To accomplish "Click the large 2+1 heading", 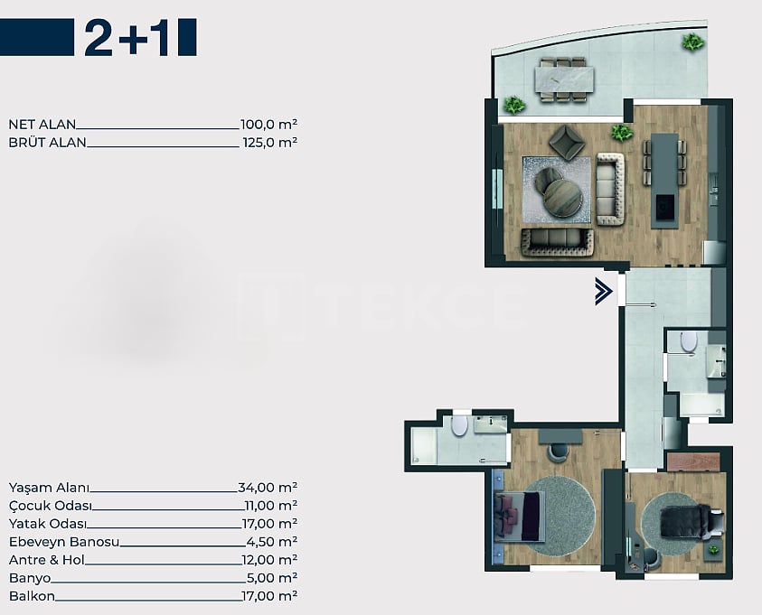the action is point(127,38).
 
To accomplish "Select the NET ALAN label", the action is point(42,125).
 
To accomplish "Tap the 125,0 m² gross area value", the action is point(269,142).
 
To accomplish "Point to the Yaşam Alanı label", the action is point(49,488).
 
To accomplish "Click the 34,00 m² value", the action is point(268,488).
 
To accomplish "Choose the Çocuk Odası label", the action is point(51,506).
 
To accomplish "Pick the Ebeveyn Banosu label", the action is point(64,542).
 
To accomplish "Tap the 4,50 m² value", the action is point(272,542).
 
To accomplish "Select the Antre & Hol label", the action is point(47,560).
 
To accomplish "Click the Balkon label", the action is point(32,596).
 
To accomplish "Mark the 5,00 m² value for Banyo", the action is point(272,578).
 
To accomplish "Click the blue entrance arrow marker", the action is point(604,292).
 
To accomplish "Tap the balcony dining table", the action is point(564,79).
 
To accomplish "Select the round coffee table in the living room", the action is point(562,197).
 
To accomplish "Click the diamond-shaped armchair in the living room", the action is point(567,142).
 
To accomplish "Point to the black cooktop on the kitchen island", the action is point(664,208).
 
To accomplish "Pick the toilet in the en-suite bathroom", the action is point(459,425).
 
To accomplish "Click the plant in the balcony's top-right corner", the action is point(692,42).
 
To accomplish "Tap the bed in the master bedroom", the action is point(520,516).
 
